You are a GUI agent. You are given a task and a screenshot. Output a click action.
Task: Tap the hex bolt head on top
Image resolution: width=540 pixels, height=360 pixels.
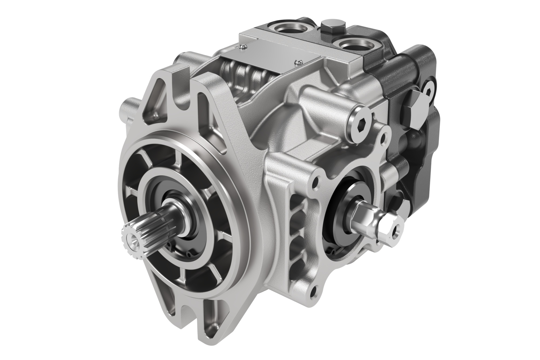332,26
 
